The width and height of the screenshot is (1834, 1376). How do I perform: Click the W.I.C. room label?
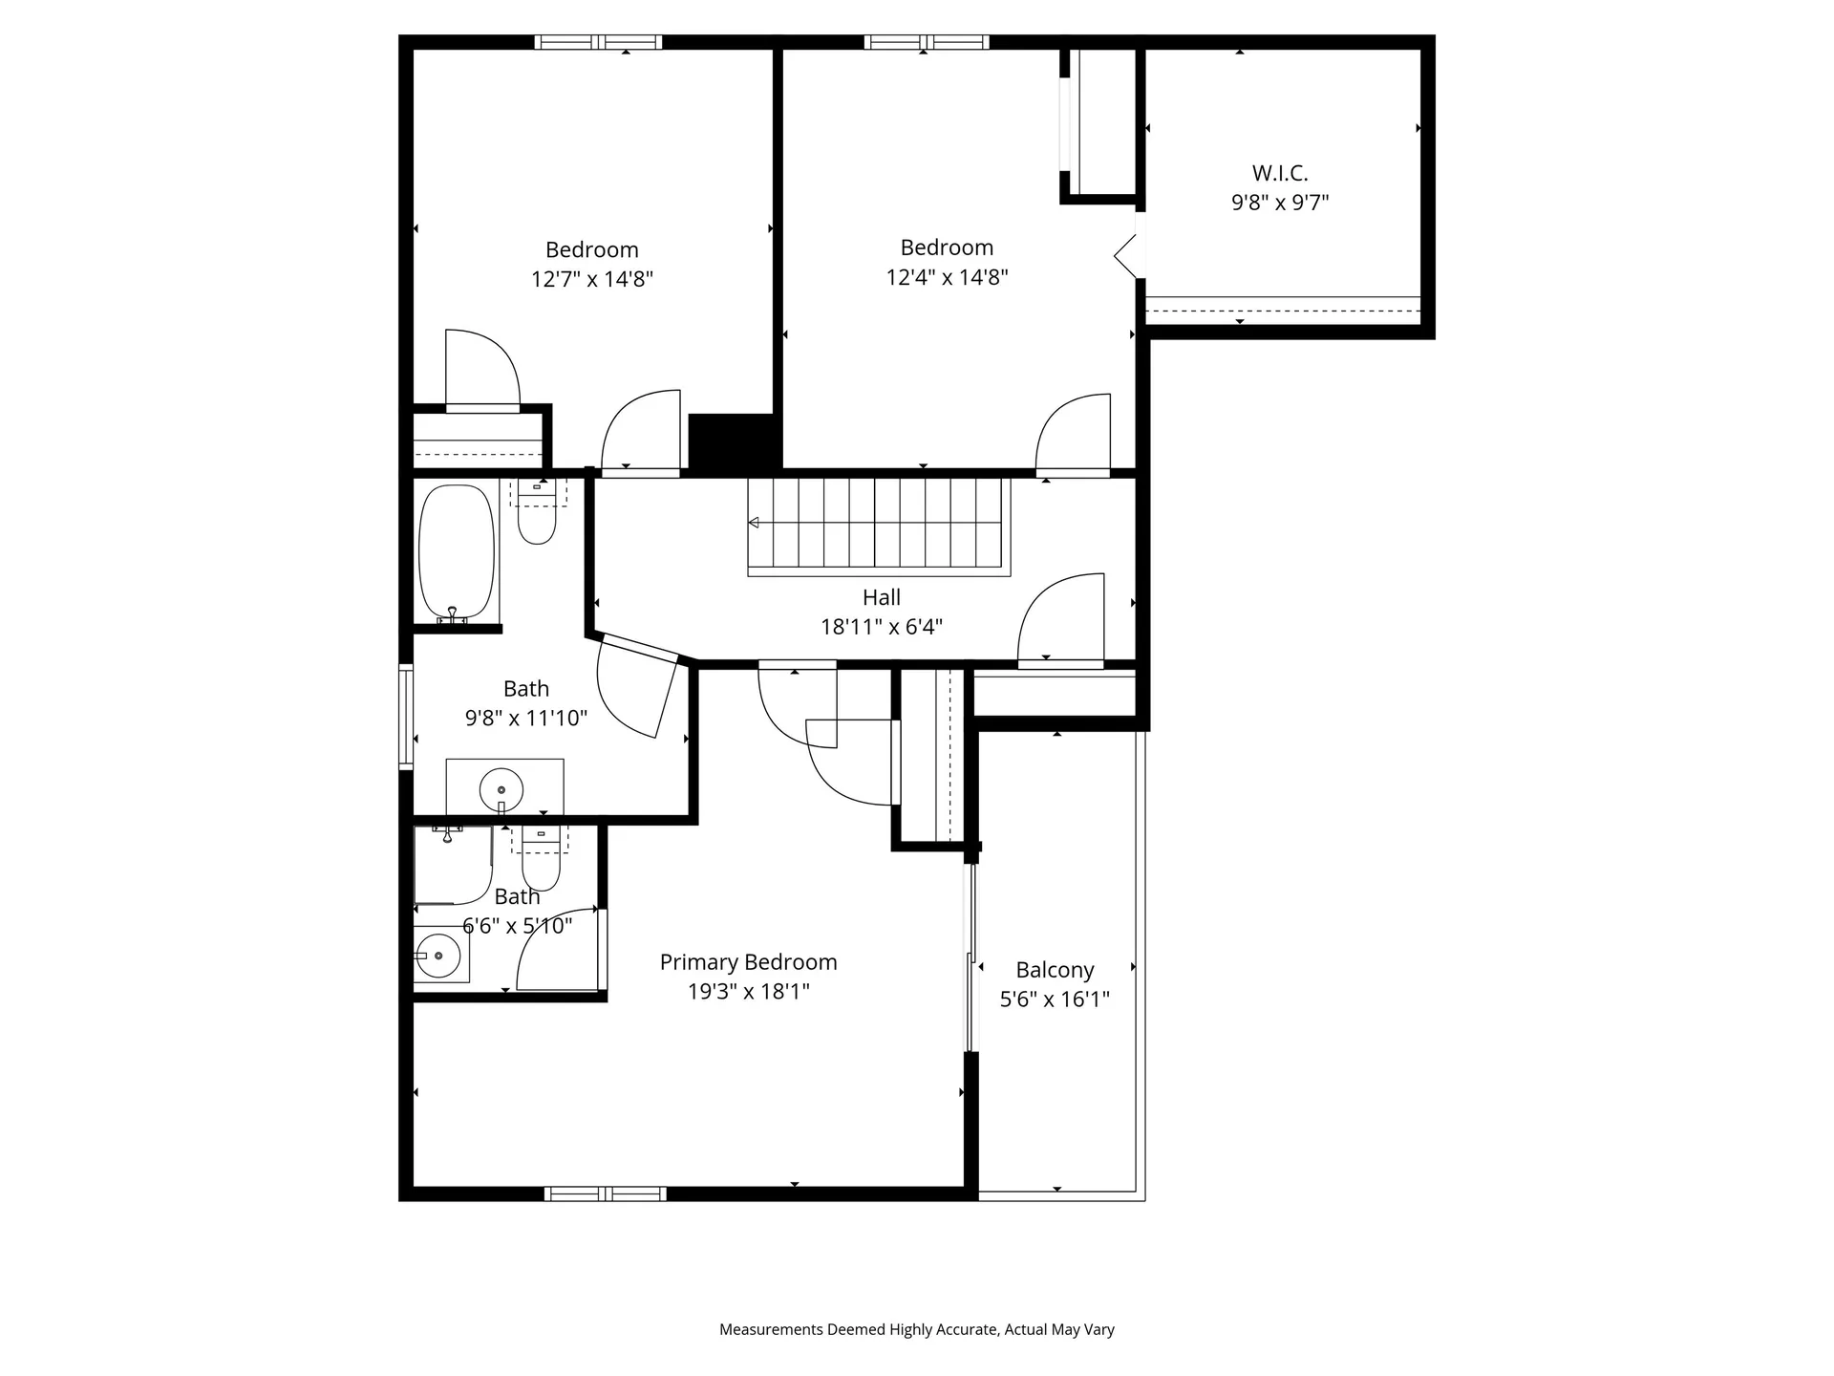point(1279,173)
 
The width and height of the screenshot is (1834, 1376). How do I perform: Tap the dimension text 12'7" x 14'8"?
point(591,279)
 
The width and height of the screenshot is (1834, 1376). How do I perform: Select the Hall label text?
point(881,597)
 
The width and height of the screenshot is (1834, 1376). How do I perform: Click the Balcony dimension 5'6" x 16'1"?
point(1055,1000)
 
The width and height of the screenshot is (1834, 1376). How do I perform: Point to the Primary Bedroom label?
point(748,962)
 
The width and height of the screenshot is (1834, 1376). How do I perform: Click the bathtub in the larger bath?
point(457,553)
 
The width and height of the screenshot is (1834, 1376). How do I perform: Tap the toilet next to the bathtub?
point(537,521)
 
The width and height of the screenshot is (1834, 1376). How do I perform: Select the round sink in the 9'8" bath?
point(501,790)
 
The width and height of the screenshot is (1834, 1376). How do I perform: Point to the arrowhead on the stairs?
point(754,523)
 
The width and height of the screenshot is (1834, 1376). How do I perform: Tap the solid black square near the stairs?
point(731,441)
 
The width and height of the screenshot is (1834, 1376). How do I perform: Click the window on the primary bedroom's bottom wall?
point(605,1193)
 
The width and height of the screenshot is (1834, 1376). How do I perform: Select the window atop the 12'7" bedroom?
point(598,42)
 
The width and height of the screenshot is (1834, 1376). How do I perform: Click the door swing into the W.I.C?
point(1127,255)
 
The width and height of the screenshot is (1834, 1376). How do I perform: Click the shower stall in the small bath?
point(452,866)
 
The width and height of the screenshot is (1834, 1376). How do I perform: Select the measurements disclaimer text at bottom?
point(916,1329)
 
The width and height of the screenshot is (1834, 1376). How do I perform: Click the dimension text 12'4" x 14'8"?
point(947,277)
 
